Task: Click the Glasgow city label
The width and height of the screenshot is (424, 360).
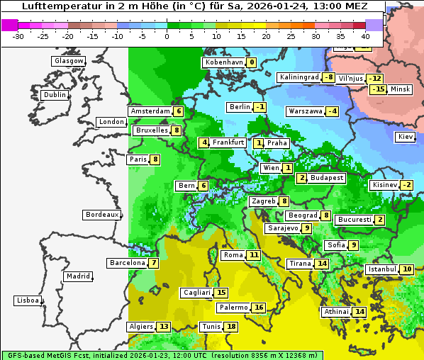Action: click(68, 61)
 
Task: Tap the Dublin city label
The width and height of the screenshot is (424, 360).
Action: click(54, 95)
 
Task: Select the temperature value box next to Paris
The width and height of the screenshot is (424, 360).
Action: click(155, 159)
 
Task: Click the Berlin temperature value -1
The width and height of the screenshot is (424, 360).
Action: click(260, 107)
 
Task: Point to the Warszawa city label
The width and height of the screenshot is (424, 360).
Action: click(305, 111)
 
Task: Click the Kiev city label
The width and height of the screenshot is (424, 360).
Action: click(405, 137)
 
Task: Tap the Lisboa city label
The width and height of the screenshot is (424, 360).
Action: click(27, 300)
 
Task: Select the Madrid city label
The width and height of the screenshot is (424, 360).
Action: click(77, 276)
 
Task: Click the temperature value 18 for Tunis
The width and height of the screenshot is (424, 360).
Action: click(232, 327)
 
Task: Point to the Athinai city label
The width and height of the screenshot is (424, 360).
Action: click(336, 312)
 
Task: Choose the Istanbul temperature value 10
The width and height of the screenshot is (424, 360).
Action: click(407, 269)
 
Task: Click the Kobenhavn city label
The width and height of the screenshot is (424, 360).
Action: click(223, 62)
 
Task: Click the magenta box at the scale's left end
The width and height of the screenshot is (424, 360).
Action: click(9, 25)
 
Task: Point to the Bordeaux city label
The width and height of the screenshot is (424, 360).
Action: click(101, 215)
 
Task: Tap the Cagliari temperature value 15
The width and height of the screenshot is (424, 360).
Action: click(222, 293)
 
